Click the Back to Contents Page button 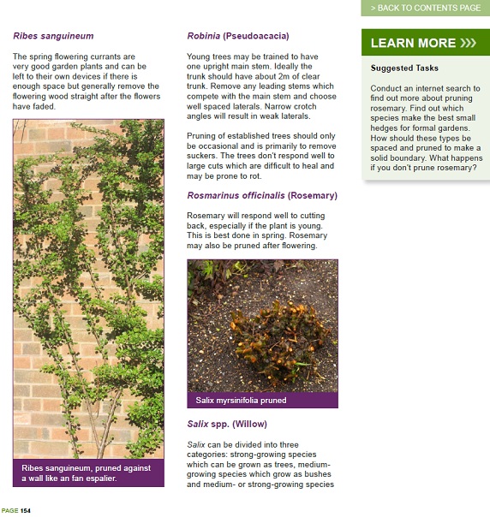(x=425, y=8)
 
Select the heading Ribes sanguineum (x=53, y=36)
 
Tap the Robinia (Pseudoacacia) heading (x=238, y=36)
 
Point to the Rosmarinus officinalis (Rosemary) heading (x=262, y=195)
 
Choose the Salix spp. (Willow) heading (x=227, y=424)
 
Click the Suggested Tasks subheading (x=404, y=68)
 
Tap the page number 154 (x=26, y=511)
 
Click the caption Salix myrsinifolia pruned (x=241, y=400)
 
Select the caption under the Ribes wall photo (x=87, y=473)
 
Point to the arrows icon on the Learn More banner (x=468, y=43)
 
